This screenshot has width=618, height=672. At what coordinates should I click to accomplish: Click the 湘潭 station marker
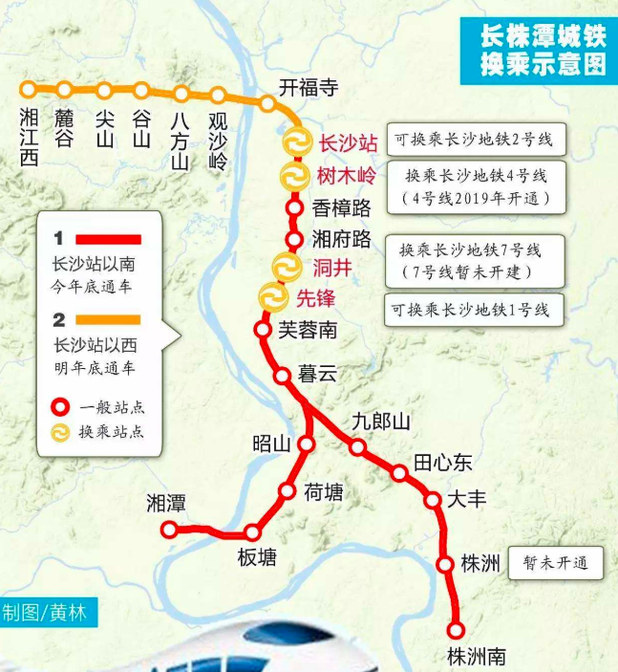coord(170,530)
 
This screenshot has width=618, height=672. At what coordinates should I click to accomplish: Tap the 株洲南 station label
coord(476,657)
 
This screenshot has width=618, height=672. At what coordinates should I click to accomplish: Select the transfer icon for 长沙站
coord(296,142)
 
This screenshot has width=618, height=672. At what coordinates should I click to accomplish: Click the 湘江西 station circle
coord(29,89)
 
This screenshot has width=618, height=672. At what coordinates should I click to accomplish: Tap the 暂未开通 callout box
coord(556,563)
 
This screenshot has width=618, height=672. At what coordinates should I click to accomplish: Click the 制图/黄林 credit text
coord(48,613)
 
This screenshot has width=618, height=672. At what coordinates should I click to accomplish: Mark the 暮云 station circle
coord(283,376)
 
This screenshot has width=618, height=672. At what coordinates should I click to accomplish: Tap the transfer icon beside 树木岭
coord(291,176)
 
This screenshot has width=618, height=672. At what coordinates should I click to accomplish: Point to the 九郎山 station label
coord(380,422)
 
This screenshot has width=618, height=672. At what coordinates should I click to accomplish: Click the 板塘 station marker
coord(253,532)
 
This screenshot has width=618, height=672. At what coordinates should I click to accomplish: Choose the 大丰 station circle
coord(432,499)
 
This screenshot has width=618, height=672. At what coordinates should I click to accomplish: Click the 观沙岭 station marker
coord(218,96)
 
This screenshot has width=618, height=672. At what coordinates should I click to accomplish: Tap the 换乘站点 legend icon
coord(60,432)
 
